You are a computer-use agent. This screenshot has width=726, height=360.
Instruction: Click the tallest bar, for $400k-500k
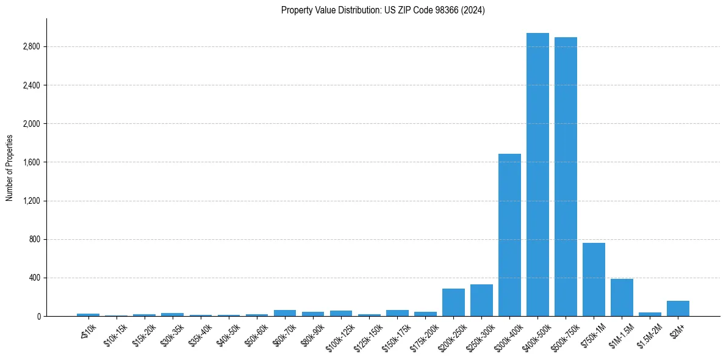click(x=537, y=177)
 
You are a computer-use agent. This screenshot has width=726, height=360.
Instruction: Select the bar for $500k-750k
click(x=566, y=177)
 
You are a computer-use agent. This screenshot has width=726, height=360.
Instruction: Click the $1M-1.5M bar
click(x=622, y=298)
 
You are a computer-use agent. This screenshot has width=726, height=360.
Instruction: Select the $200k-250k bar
click(x=453, y=303)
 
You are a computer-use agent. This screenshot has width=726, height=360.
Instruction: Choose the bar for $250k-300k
click(x=481, y=300)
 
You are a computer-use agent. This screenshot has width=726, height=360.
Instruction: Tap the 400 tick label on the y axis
click(x=35, y=278)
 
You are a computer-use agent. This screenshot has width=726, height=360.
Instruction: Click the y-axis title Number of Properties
click(x=10, y=167)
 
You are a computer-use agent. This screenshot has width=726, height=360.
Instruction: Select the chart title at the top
click(x=383, y=10)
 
